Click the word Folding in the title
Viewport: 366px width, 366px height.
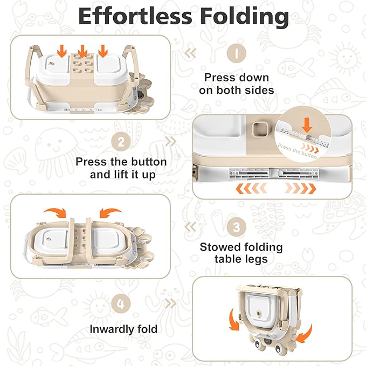click(244, 17)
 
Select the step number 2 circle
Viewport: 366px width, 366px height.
click(121, 142)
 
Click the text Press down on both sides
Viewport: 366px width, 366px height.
click(236, 84)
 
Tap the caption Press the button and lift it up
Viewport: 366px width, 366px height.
click(121, 168)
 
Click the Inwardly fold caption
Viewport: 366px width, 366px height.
click(124, 329)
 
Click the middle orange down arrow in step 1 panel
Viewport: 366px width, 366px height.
click(83, 52)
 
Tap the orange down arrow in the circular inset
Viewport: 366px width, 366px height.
click(308, 126)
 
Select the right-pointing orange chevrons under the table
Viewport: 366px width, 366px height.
click(301, 189)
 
